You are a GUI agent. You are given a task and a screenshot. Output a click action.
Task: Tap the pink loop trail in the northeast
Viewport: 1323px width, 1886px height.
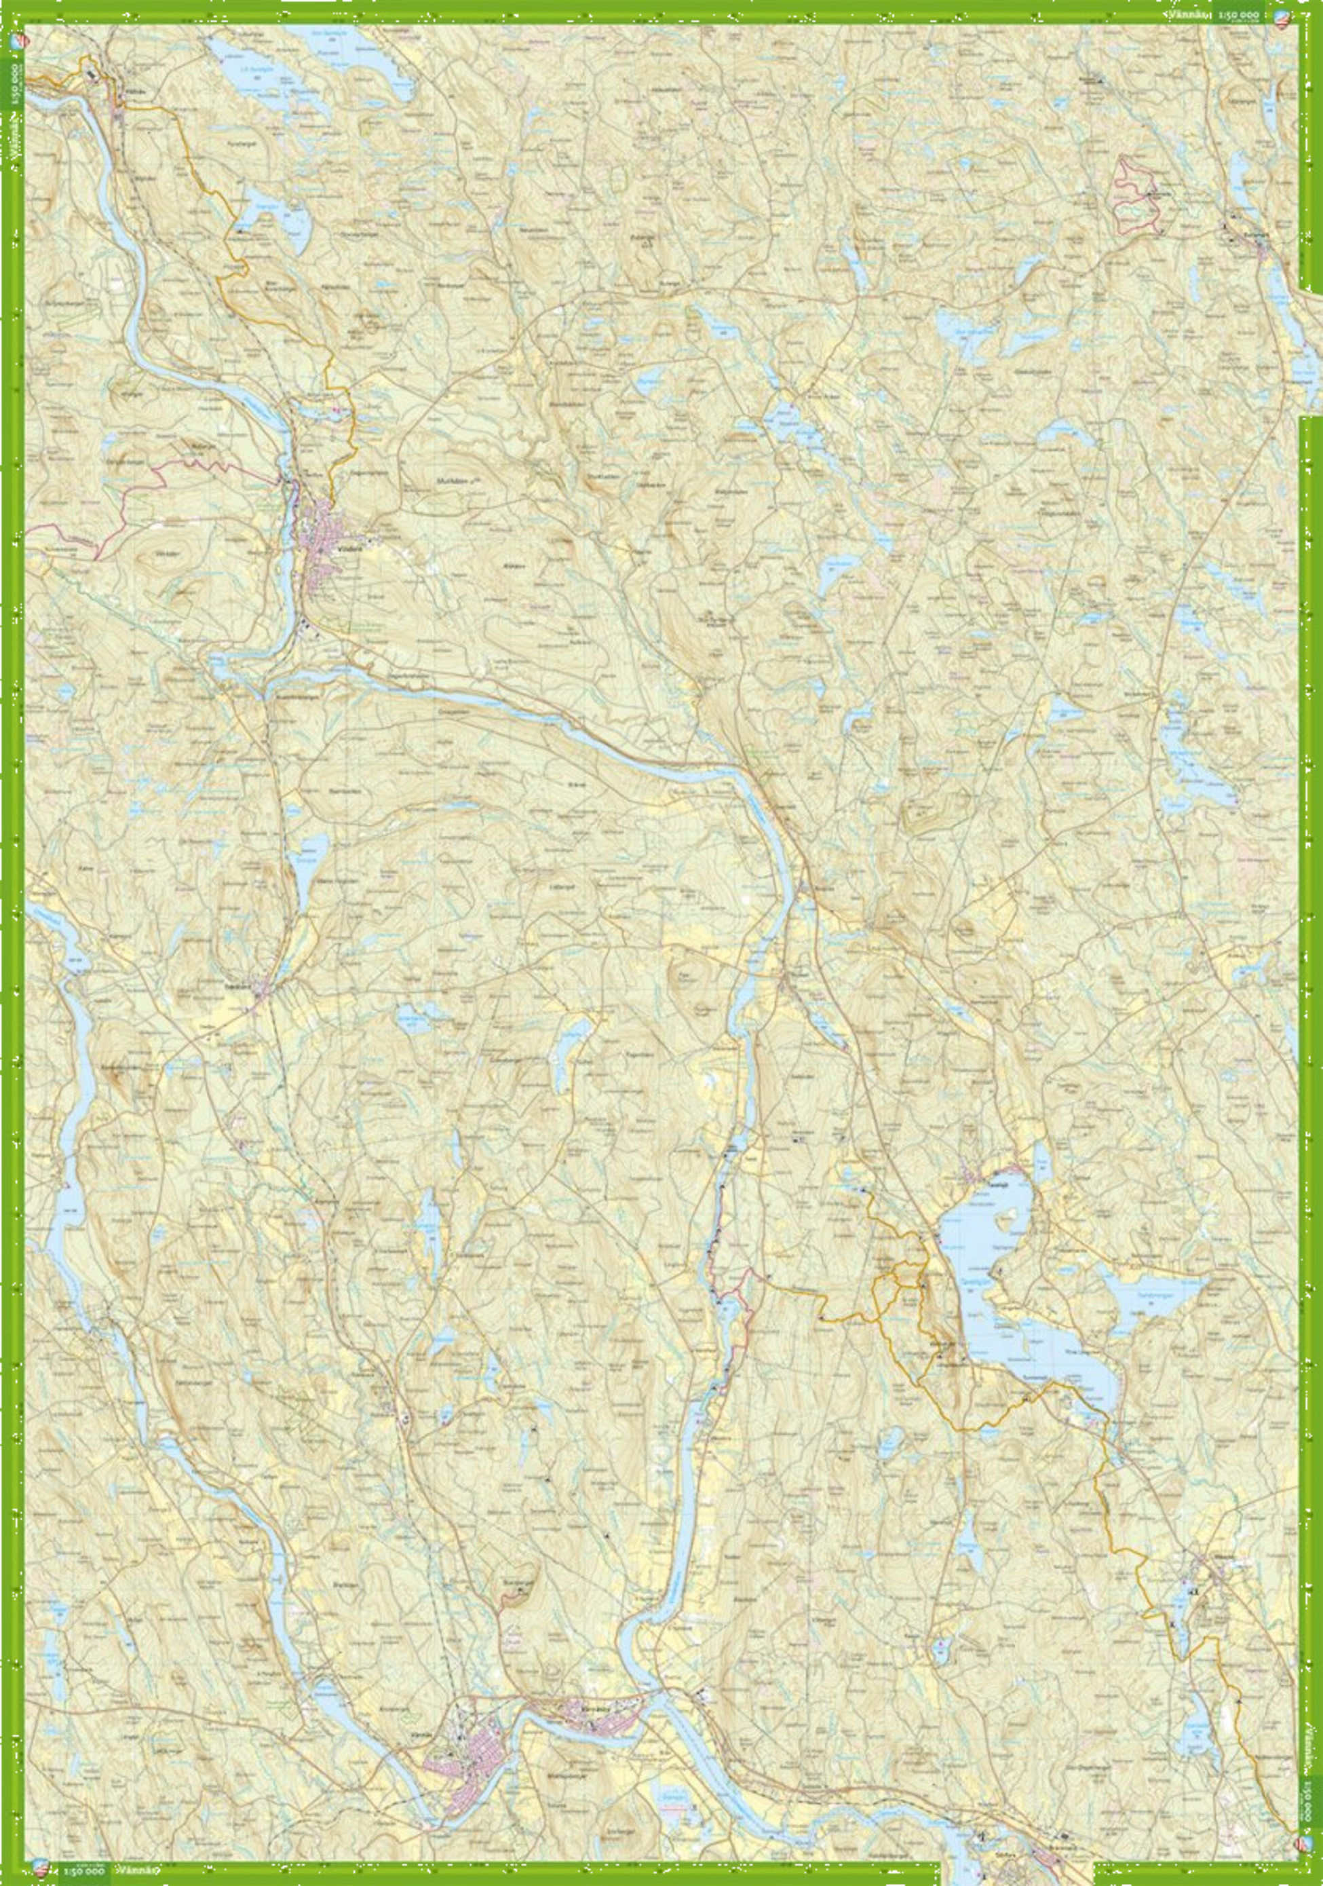(1137, 197)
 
